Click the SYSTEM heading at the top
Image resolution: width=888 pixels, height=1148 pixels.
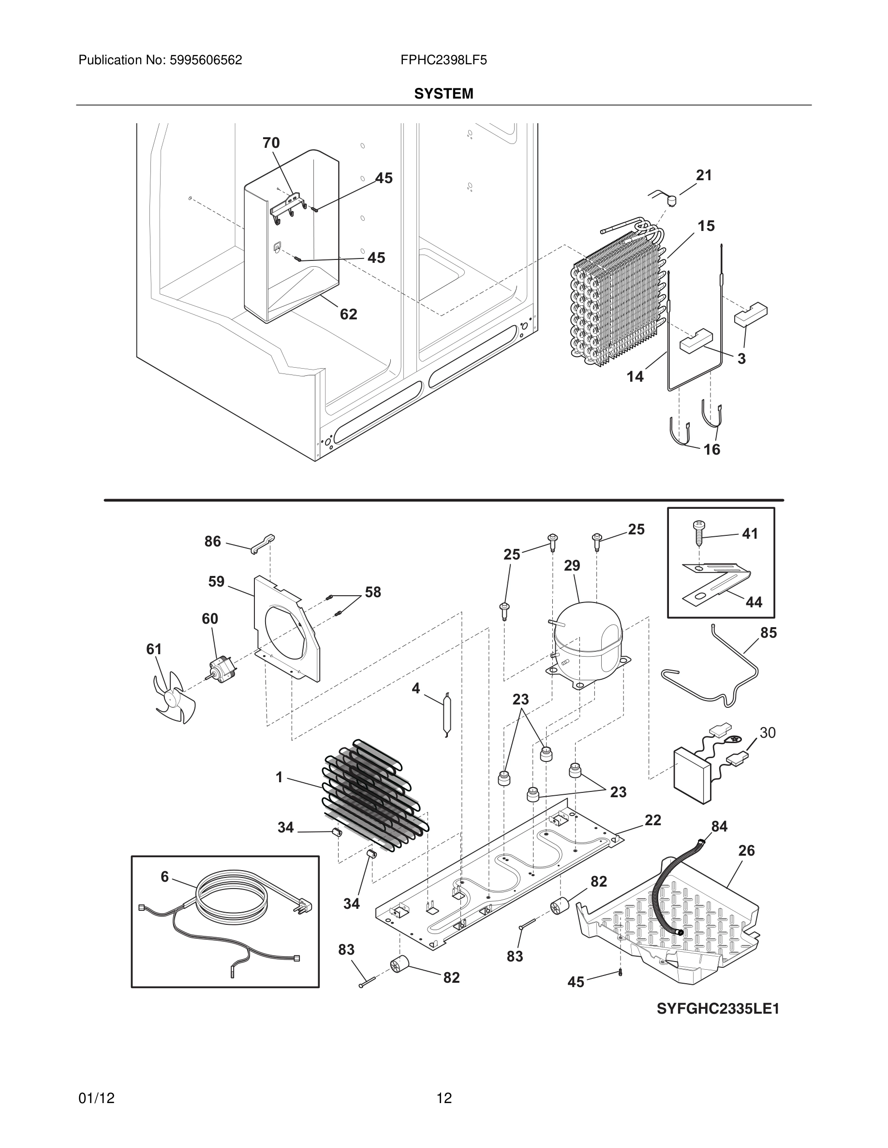pos(444,94)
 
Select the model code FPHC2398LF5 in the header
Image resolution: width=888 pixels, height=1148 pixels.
pos(444,60)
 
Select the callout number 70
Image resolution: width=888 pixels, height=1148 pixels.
pos(271,143)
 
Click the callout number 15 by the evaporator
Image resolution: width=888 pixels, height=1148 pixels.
pos(706,226)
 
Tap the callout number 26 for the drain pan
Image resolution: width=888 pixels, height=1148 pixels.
pos(746,850)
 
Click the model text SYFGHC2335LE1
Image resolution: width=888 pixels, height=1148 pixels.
pos(718,1009)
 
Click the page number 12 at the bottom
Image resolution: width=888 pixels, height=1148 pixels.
pos(444,1098)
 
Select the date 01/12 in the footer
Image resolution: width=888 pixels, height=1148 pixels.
pos(97,1098)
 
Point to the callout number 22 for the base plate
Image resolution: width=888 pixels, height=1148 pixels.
pos(652,820)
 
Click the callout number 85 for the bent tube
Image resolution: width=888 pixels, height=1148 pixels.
pos(768,633)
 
